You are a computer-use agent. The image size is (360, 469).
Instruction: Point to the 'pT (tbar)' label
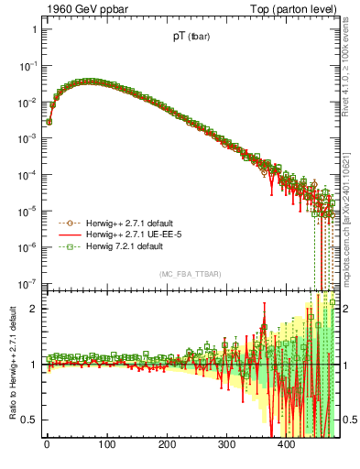pos(191,38)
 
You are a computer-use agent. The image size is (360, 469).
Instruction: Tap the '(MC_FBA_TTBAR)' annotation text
pos(191,275)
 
